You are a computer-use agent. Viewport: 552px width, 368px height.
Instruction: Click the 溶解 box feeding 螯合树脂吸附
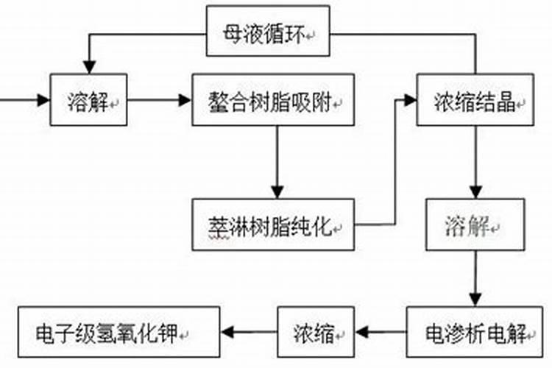(88, 99)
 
